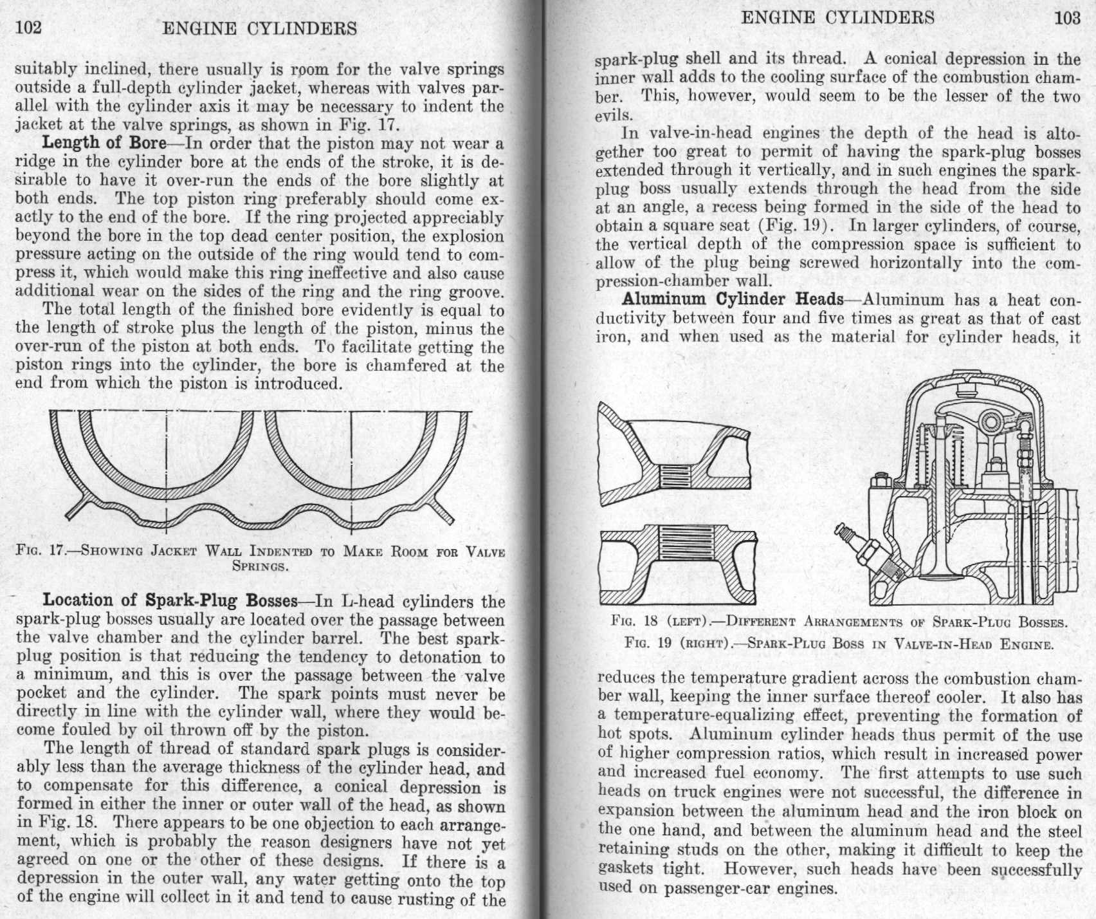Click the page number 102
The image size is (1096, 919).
click(28, 28)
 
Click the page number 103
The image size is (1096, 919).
click(1067, 17)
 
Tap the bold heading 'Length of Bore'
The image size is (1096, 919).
click(104, 143)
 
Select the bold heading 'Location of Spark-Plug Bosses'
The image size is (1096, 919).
click(170, 600)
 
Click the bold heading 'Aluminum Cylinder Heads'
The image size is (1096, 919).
click(733, 300)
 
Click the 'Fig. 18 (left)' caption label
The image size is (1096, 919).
click(650, 622)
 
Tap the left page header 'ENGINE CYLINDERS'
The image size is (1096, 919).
click(260, 28)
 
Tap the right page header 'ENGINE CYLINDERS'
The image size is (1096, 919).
click(837, 17)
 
